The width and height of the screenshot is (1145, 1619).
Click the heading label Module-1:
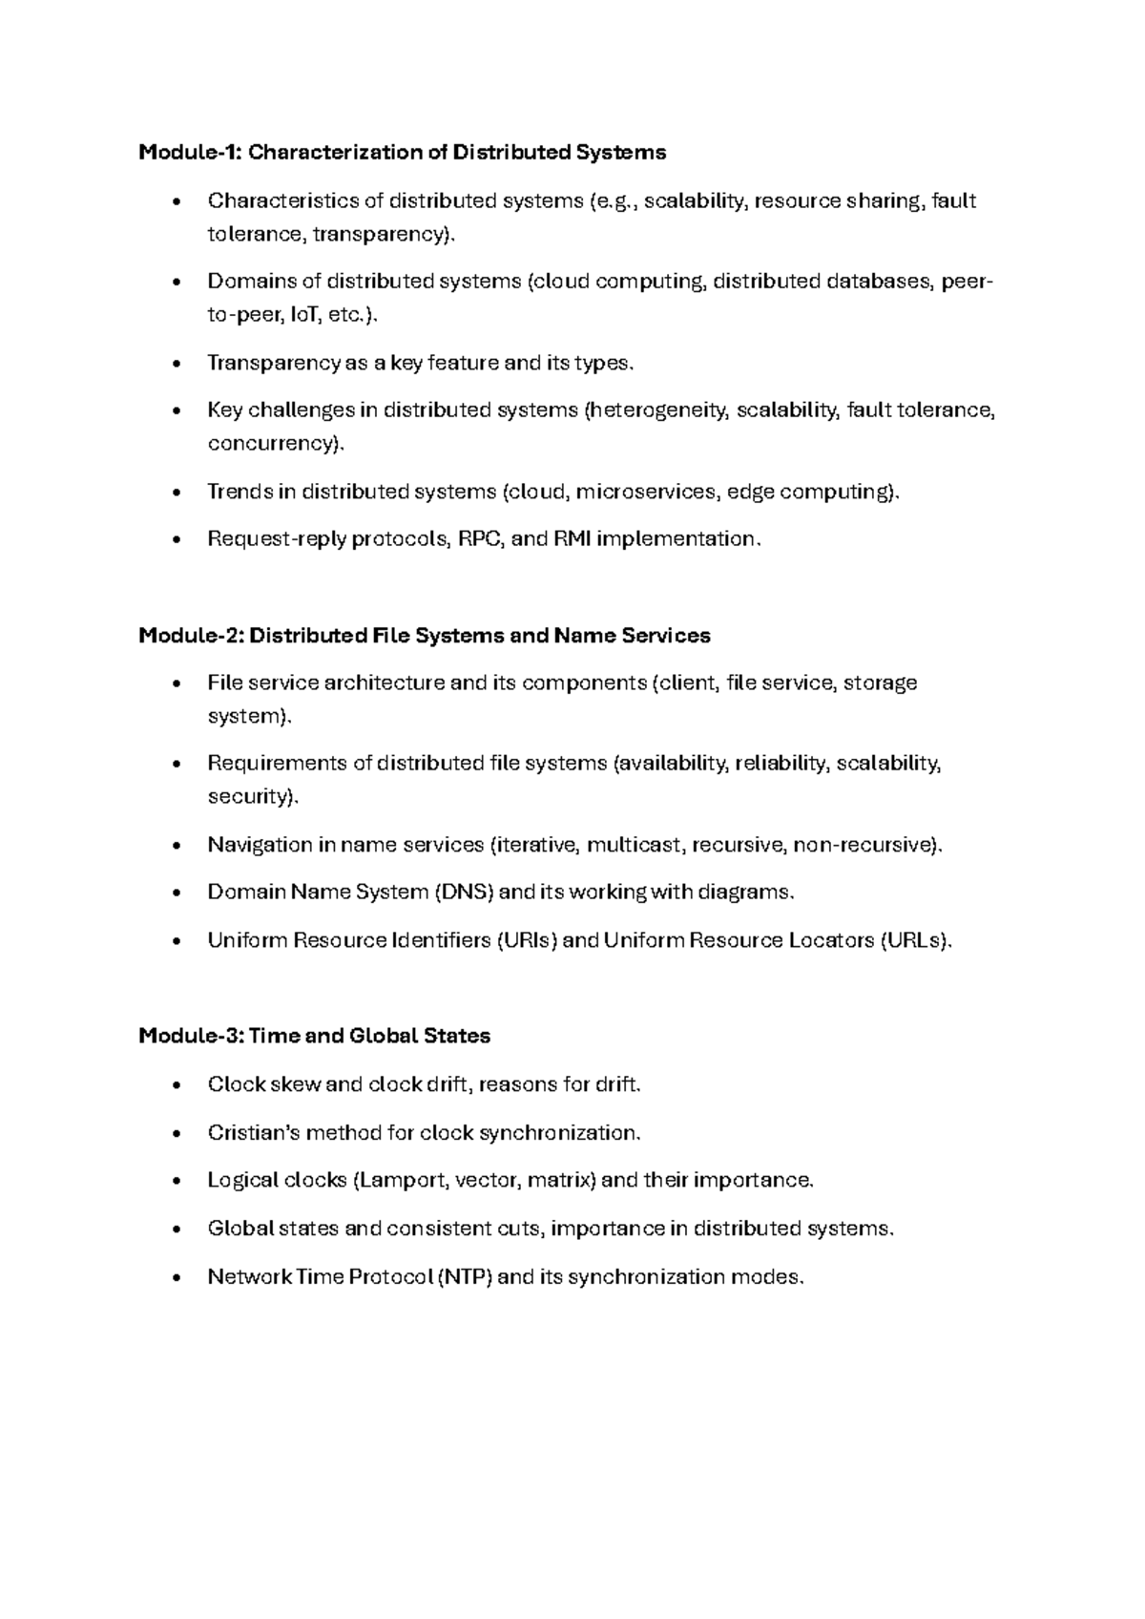[x=190, y=153]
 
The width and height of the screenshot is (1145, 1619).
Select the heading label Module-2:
[x=190, y=636]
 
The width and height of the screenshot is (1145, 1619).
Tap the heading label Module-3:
[x=190, y=1036]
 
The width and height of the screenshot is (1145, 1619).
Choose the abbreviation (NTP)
[x=465, y=1277]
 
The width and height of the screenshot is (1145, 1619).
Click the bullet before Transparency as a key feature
[x=174, y=365]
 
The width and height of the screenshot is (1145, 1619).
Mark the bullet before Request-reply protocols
[x=174, y=540]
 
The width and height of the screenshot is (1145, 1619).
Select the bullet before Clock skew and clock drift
[x=174, y=1086]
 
